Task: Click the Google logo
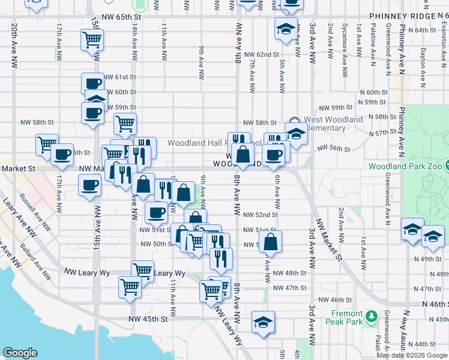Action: click(20, 353)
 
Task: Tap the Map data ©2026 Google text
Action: click(412, 355)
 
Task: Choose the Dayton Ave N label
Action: click(423, 63)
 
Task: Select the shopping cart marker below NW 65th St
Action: click(92, 40)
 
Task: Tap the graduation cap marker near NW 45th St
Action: click(263, 322)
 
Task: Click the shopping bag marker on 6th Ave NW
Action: click(271, 242)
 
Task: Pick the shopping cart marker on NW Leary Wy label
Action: click(142, 271)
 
